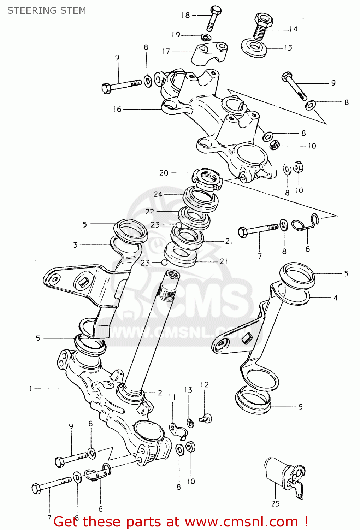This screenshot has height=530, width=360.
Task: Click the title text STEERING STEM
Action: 47,11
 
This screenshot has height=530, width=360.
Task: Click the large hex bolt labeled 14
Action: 261,27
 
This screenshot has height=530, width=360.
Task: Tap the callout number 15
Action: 288,48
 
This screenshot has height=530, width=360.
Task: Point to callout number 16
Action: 117,109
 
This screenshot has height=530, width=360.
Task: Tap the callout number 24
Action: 158,194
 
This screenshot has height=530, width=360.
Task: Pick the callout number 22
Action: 149,211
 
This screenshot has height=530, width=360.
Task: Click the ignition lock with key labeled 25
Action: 283,475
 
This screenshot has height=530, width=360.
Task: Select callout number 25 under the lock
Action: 275,504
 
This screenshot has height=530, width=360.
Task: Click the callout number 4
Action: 336,298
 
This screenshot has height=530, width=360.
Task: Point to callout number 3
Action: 75,245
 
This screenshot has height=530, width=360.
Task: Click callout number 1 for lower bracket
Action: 30,389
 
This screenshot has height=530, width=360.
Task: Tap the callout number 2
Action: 160,393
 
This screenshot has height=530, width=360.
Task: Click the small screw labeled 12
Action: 205,419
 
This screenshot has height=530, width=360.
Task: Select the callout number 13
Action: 188,390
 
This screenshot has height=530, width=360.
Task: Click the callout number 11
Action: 172,397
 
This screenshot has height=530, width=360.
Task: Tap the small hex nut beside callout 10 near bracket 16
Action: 275,145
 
